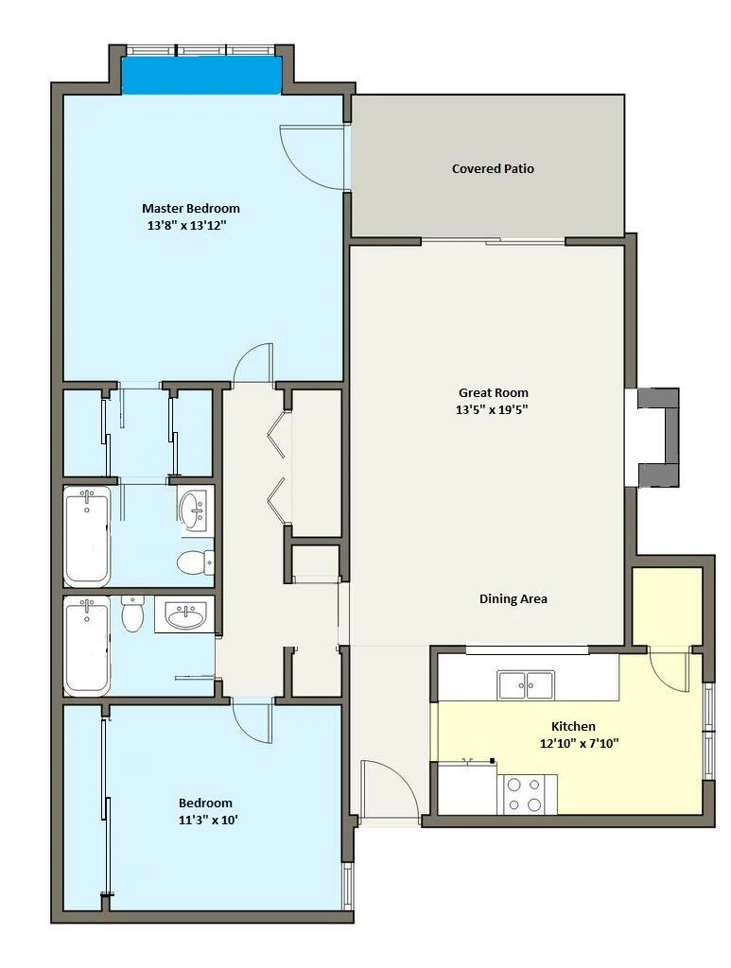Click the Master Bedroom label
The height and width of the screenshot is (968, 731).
pyautogui.click(x=191, y=208)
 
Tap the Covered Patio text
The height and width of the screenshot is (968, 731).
pyautogui.click(x=493, y=168)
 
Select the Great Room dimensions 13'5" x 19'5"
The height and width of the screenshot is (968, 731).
pyautogui.click(x=493, y=409)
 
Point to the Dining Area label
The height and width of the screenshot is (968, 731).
pyautogui.click(x=513, y=598)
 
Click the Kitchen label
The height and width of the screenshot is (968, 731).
pyautogui.click(x=573, y=726)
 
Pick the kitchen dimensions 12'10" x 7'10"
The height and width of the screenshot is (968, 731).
pyautogui.click(x=579, y=743)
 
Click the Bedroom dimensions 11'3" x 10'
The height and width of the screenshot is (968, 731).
pyautogui.click(x=205, y=820)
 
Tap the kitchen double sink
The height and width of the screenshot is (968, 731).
pyautogui.click(x=526, y=684)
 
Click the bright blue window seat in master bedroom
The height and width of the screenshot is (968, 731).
pyautogui.click(x=201, y=76)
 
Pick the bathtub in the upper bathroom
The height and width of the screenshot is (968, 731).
pyautogui.click(x=87, y=536)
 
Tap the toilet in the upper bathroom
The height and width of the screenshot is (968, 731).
pyautogui.click(x=195, y=562)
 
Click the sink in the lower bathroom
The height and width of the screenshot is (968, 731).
pyautogui.click(x=184, y=614)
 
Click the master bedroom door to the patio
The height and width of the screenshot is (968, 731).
pyautogui.click(x=312, y=157)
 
